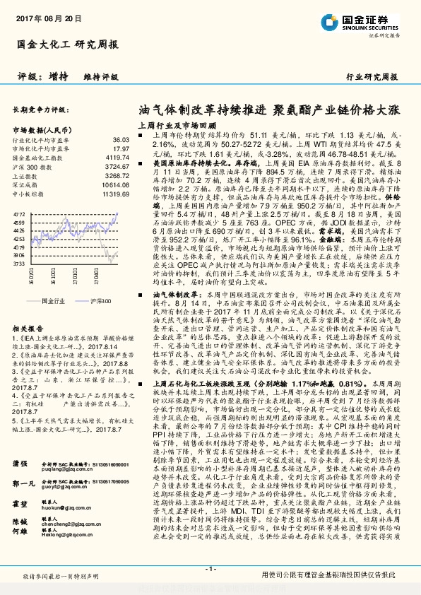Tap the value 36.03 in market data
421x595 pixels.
pos(121,141)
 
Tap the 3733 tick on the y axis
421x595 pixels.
pos(19,263)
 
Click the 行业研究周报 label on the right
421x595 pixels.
pos(372,76)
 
